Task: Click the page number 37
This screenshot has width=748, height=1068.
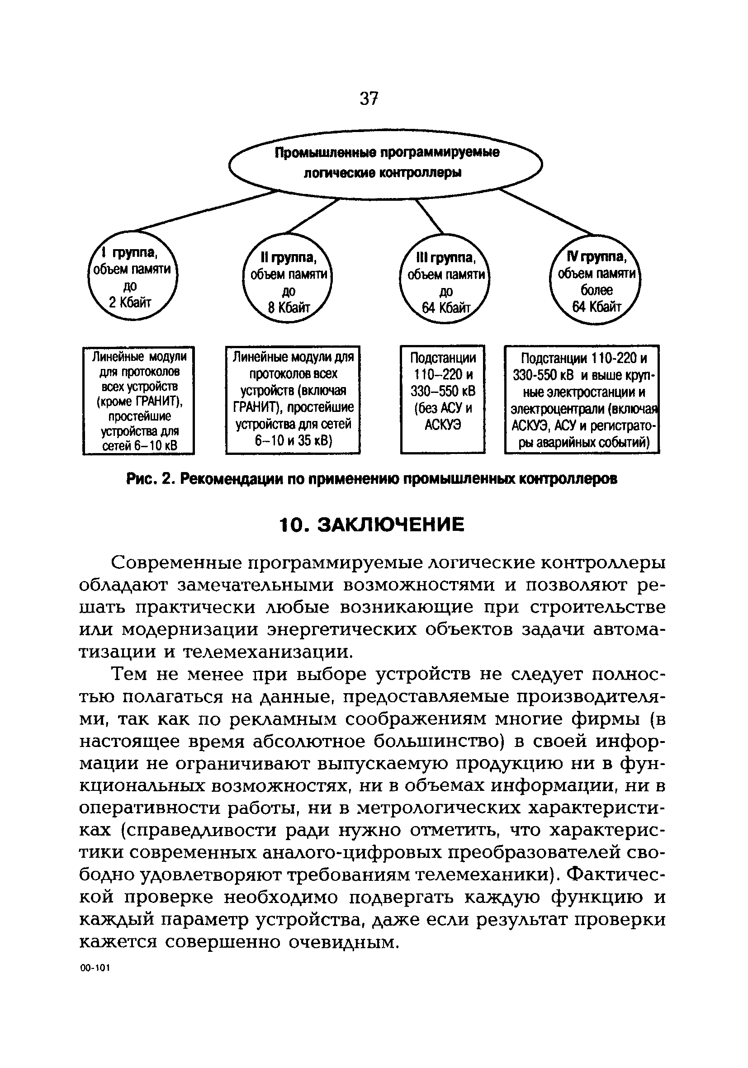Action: [x=369, y=98]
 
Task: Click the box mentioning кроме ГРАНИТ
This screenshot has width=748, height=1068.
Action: [x=139, y=401]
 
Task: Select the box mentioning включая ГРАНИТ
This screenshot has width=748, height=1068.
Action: [x=293, y=400]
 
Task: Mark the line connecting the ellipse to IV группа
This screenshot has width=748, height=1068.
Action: [x=547, y=212]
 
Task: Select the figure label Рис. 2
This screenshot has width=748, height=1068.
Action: [x=150, y=479]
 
